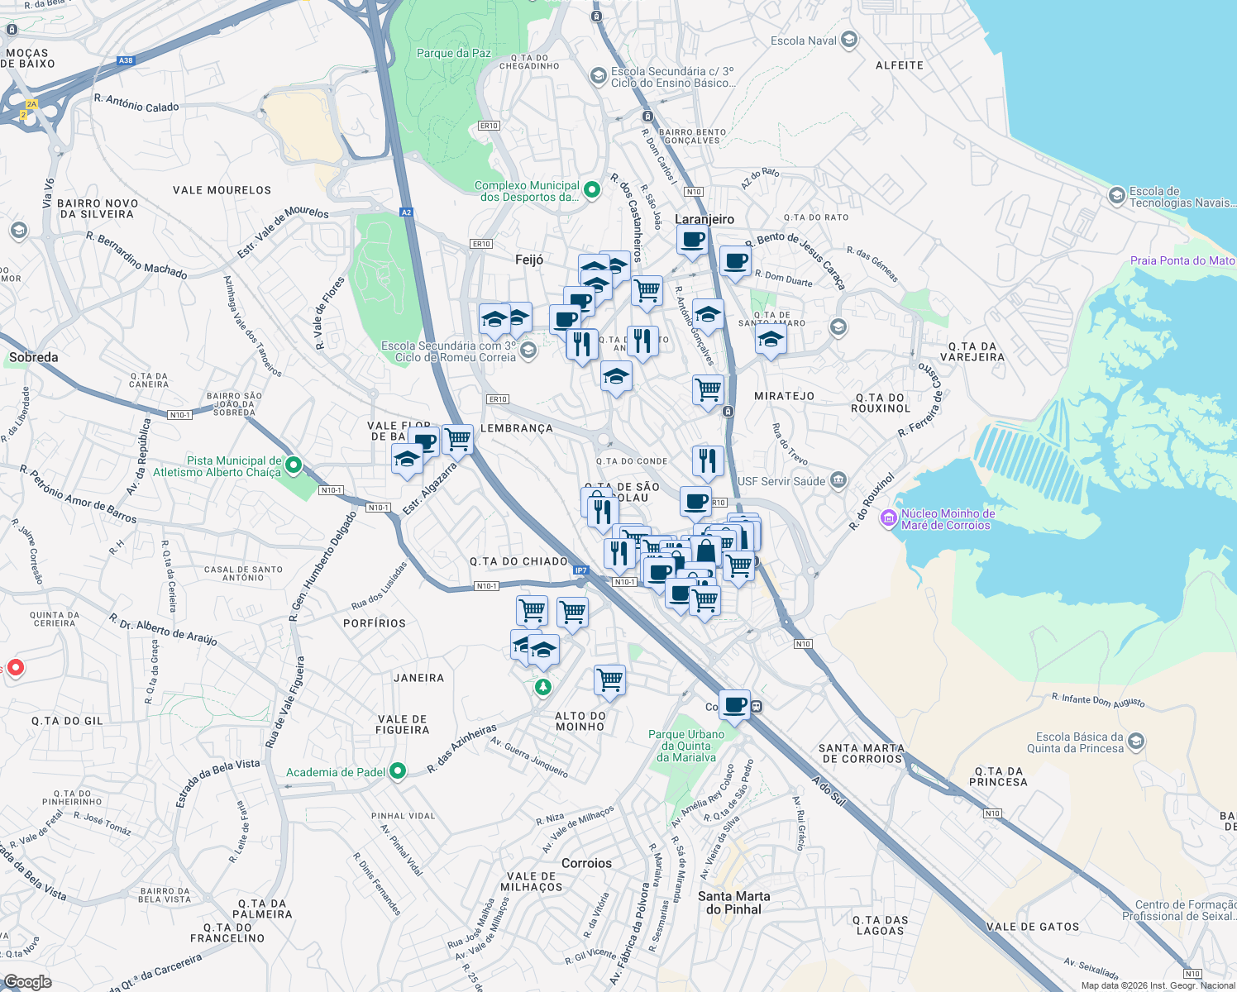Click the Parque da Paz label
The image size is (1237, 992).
click(453, 53)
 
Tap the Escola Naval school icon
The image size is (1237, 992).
click(848, 40)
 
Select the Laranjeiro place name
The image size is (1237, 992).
click(704, 219)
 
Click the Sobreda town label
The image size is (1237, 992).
click(34, 357)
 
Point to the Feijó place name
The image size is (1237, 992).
click(529, 260)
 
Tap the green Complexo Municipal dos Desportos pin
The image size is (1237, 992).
click(592, 190)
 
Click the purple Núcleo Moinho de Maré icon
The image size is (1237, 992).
click(889, 518)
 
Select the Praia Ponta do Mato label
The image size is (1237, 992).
click(1182, 260)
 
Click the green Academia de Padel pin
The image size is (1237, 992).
click(398, 771)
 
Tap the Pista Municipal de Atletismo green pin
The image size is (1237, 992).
click(294, 466)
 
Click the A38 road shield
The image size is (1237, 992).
click(126, 60)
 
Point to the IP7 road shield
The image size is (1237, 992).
click(580, 570)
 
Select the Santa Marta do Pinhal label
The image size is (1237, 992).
click(733, 902)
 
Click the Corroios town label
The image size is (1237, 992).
click(586, 863)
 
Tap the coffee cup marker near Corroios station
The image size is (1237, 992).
click(734, 705)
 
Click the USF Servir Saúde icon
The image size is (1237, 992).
click(838, 480)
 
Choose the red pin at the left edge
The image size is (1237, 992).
click(15, 667)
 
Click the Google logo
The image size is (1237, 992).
click(27, 982)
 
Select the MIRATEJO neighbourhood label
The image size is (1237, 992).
click(784, 396)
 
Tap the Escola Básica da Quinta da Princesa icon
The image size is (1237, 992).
click(1136, 742)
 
